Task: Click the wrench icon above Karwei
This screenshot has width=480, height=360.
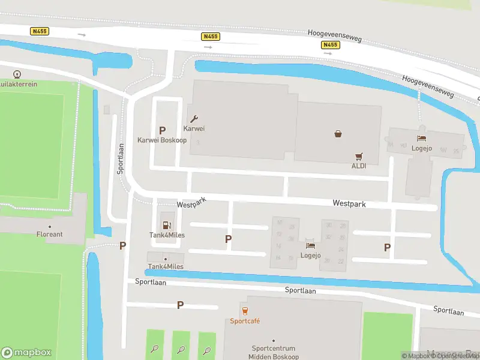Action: click(x=194, y=119)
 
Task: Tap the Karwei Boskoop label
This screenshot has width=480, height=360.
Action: click(x=162, y=140)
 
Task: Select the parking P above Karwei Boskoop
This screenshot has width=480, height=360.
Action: click(x=162, y=130)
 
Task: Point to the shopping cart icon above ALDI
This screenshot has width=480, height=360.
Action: click(x=359, y=155)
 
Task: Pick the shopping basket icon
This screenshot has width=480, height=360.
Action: click(x=338, y=134)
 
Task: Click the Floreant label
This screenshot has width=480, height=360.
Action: click(x=49, y=235)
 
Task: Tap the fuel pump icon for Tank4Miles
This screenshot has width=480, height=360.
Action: click(x=166, y=225)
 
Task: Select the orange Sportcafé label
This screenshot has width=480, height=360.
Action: click(x=245, y=321)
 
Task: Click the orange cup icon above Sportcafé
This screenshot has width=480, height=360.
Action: click(x=245, y=311)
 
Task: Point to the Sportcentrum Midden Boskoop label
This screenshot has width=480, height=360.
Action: click(x=273, y=352)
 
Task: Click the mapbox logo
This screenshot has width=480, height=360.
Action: click(x=26, y=353)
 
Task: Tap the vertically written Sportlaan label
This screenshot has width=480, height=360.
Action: click(x=121, y=158)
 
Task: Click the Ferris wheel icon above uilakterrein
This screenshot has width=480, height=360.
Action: click(x=17, y=75)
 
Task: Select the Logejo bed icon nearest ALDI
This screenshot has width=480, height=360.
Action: click(x=422, y=130)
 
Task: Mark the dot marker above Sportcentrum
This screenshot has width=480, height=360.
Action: click(x=273, y=341)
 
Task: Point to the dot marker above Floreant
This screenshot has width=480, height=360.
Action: click(x=49, y=226)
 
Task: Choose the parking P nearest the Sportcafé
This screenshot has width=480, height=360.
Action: click(x=180, y=305)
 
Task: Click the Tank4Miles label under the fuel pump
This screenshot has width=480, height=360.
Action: click(x=166, y=235)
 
